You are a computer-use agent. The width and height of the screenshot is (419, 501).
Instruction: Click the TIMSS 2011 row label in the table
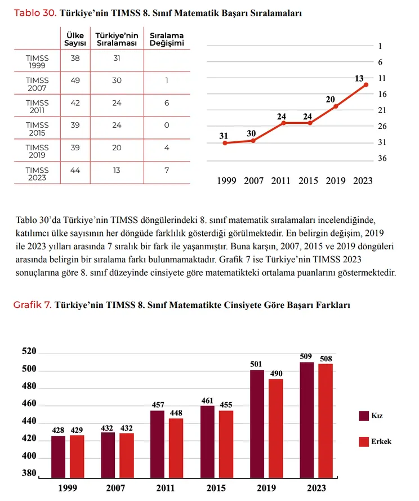[37, 106]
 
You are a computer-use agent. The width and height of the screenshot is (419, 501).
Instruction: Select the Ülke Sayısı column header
[75, 39]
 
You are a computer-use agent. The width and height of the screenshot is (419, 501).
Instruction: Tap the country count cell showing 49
[75, 80]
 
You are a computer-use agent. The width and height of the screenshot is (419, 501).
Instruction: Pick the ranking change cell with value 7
[167, 171]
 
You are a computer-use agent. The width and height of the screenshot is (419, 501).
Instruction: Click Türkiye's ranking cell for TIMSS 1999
[117, 58]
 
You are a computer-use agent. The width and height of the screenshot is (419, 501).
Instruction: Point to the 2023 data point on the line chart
[366, 84]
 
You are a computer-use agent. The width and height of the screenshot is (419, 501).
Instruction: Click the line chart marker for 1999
[225, 143]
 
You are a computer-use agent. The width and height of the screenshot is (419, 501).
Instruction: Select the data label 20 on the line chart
[331, 100]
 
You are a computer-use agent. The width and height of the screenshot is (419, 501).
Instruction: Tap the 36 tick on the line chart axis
[382, 158]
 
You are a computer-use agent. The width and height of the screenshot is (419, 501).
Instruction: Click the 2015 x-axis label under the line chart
[308, 181]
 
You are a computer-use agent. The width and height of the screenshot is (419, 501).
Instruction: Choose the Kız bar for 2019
[257, 424]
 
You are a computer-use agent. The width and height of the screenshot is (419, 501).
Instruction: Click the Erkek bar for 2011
[176, 448]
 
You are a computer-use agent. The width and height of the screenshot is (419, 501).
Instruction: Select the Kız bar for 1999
[58, 457]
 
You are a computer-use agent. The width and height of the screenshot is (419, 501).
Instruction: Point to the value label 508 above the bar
[326, 359]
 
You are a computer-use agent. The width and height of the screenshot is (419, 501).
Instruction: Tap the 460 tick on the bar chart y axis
[29, 403]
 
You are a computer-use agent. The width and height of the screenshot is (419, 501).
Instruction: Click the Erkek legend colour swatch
[364, 441]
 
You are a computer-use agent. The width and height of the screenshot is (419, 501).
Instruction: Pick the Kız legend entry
[371, 415]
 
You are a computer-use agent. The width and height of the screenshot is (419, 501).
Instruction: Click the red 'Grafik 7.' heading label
[32, 305]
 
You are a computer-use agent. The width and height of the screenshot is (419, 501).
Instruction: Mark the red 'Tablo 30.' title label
[35, 13]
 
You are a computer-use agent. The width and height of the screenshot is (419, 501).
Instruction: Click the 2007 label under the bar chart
[115, 488]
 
